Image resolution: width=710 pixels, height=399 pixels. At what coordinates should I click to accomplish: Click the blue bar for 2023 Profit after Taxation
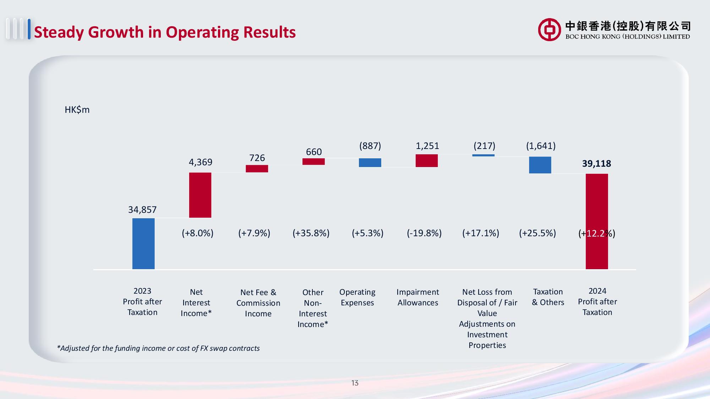point(143,244)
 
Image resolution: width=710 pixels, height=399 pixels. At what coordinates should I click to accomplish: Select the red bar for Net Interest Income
point(200,195)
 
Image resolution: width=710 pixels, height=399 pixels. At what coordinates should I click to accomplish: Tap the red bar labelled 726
point(257,169)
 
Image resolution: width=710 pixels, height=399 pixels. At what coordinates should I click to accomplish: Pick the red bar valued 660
point(313,162)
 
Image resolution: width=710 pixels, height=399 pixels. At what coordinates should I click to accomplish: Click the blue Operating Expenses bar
point(370,163)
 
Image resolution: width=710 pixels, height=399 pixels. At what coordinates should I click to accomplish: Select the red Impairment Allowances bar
point(427,161)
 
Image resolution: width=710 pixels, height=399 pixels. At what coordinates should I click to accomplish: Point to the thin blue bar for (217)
point(483,155)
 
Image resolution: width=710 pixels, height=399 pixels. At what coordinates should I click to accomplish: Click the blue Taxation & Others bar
point(540,165)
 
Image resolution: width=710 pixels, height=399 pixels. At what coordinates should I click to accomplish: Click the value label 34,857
point(142,210)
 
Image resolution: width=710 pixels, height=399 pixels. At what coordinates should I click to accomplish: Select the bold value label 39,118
point(596,164)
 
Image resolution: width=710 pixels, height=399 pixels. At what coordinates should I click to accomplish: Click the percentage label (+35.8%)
point(311,233)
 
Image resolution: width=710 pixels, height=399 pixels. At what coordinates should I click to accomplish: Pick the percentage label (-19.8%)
point(424,233)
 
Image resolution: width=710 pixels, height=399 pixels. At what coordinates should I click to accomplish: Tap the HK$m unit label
point(77,110)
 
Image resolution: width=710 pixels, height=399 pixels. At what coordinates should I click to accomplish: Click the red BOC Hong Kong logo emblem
point(549,29)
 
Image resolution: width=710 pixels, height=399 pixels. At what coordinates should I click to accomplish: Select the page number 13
point(355,383)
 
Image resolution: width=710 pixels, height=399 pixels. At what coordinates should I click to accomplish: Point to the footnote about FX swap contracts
point(158,348)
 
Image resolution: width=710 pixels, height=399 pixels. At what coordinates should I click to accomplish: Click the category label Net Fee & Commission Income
point(258,303)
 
